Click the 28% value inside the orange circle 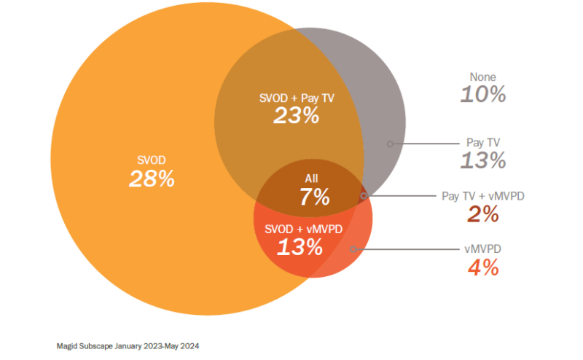coord(152,179)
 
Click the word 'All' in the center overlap coord(311,178)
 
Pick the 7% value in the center coord(314,196)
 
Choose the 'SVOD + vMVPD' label coord(299,229)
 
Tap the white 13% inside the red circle coord(299,247)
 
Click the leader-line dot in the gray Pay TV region coord(391,144)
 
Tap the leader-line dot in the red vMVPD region coord(353,249)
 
